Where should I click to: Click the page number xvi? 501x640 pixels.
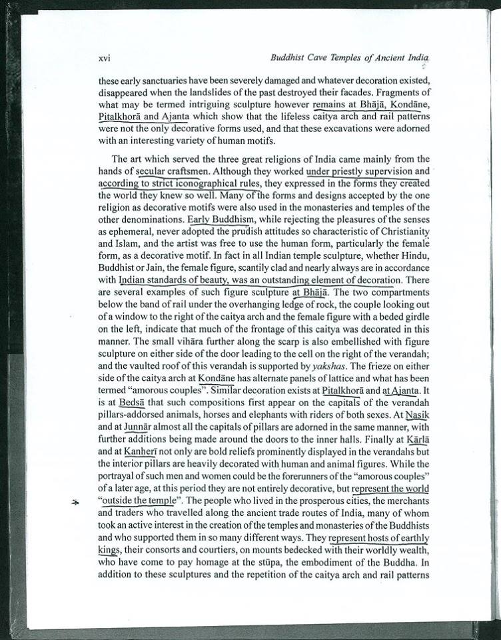tap(103, 59)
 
